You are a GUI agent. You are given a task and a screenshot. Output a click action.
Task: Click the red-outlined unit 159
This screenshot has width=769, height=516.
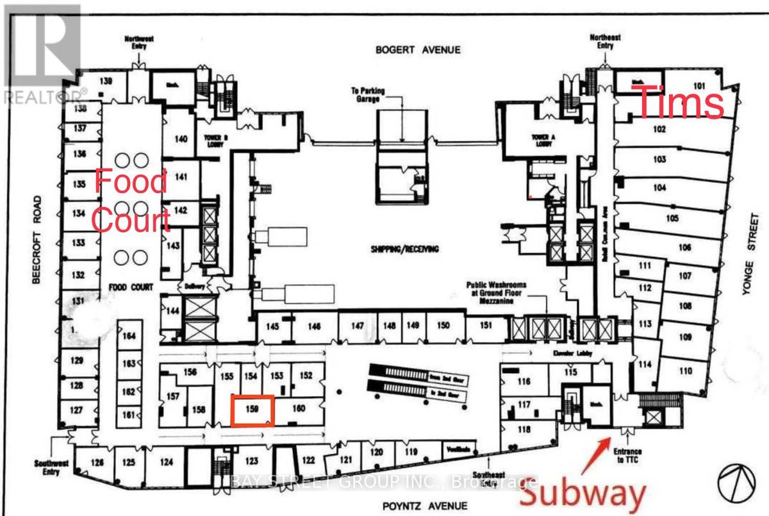point(252,410)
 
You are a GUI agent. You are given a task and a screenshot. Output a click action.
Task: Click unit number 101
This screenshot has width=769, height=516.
point(698,85)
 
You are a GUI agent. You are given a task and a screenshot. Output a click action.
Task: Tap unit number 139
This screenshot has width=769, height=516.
point(106,81)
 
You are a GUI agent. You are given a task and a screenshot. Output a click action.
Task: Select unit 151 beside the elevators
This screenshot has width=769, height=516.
point(486,326)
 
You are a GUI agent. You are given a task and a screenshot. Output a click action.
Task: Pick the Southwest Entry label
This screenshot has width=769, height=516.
point(47,468)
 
